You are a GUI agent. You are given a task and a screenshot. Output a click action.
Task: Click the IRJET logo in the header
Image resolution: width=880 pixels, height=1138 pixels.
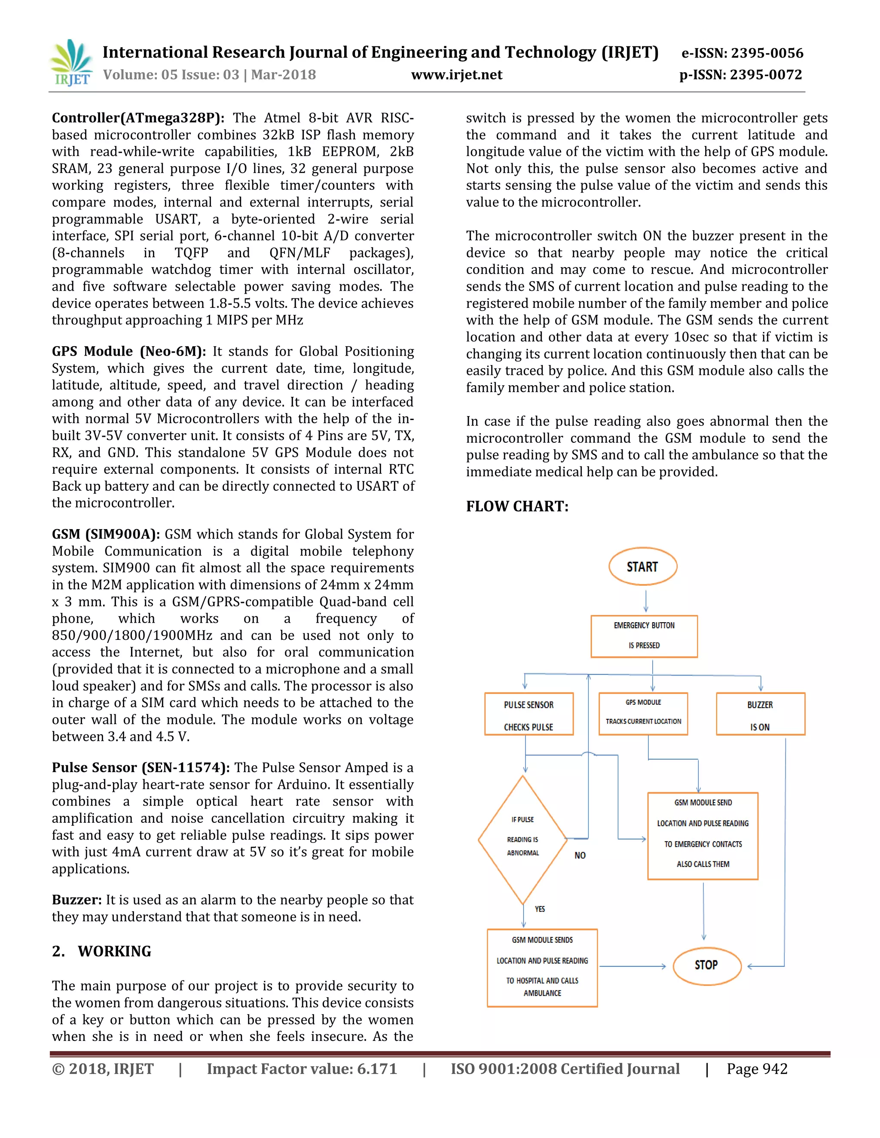[72, 63]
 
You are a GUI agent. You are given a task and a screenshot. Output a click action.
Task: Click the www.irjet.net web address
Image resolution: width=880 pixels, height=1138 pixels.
[457, 75]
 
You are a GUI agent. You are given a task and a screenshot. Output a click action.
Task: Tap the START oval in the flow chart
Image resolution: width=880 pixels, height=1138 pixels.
[642, 567]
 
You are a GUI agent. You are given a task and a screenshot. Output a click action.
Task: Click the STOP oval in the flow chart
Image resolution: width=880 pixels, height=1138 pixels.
[706, 965]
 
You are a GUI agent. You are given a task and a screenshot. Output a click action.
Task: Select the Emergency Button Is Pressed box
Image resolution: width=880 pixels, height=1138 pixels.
[644, 636]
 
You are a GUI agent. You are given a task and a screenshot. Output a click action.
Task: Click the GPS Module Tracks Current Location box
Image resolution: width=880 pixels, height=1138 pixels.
[643, 713]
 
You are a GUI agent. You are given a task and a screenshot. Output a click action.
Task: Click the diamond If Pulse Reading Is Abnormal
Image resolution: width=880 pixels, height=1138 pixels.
[523, 840]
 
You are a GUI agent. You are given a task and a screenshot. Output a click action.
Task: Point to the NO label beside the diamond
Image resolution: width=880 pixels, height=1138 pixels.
[580, 855]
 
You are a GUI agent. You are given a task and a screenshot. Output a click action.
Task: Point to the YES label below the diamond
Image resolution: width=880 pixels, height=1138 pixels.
[540, 909]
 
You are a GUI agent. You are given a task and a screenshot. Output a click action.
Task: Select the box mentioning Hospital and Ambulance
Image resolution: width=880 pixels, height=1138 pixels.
[542, 968]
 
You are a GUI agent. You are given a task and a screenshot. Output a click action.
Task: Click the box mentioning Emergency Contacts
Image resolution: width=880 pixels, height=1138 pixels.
[703, 836]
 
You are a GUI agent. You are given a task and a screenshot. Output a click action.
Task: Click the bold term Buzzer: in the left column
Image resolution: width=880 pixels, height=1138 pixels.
[76, 900]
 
